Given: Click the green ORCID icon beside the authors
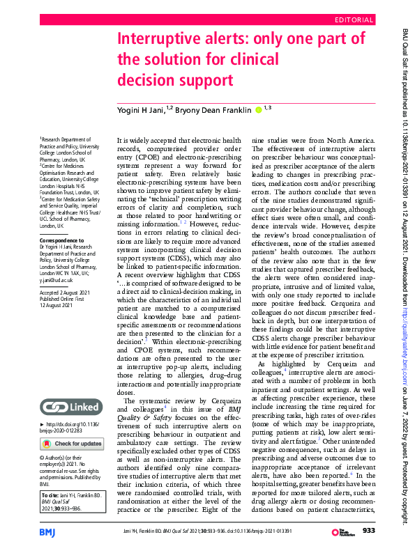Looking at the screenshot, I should [x=259, y=109].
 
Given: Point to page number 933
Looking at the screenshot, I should [x=369, y=532].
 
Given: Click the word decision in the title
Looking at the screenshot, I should [x=145, y=80].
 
